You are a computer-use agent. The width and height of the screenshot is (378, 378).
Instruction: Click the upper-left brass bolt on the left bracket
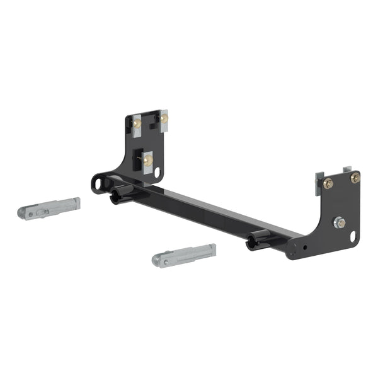pos(137,123)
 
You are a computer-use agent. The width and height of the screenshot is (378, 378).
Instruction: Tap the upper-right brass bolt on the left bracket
pos(164,118)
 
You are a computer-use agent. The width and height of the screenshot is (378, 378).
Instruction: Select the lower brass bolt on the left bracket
pos(147,161)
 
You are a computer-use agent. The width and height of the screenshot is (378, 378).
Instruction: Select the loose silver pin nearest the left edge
pos(49,208)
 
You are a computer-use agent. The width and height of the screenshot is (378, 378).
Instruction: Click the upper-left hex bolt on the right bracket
pos(328,183)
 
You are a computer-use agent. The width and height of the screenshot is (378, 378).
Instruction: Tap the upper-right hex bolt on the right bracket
pos(355,178)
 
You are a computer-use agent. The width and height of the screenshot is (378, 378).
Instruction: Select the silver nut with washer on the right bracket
pos(339,222)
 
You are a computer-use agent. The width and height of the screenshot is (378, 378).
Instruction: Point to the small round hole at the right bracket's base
pos(306,247)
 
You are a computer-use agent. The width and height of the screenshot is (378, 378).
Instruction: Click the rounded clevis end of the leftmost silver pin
pos(25,212)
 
